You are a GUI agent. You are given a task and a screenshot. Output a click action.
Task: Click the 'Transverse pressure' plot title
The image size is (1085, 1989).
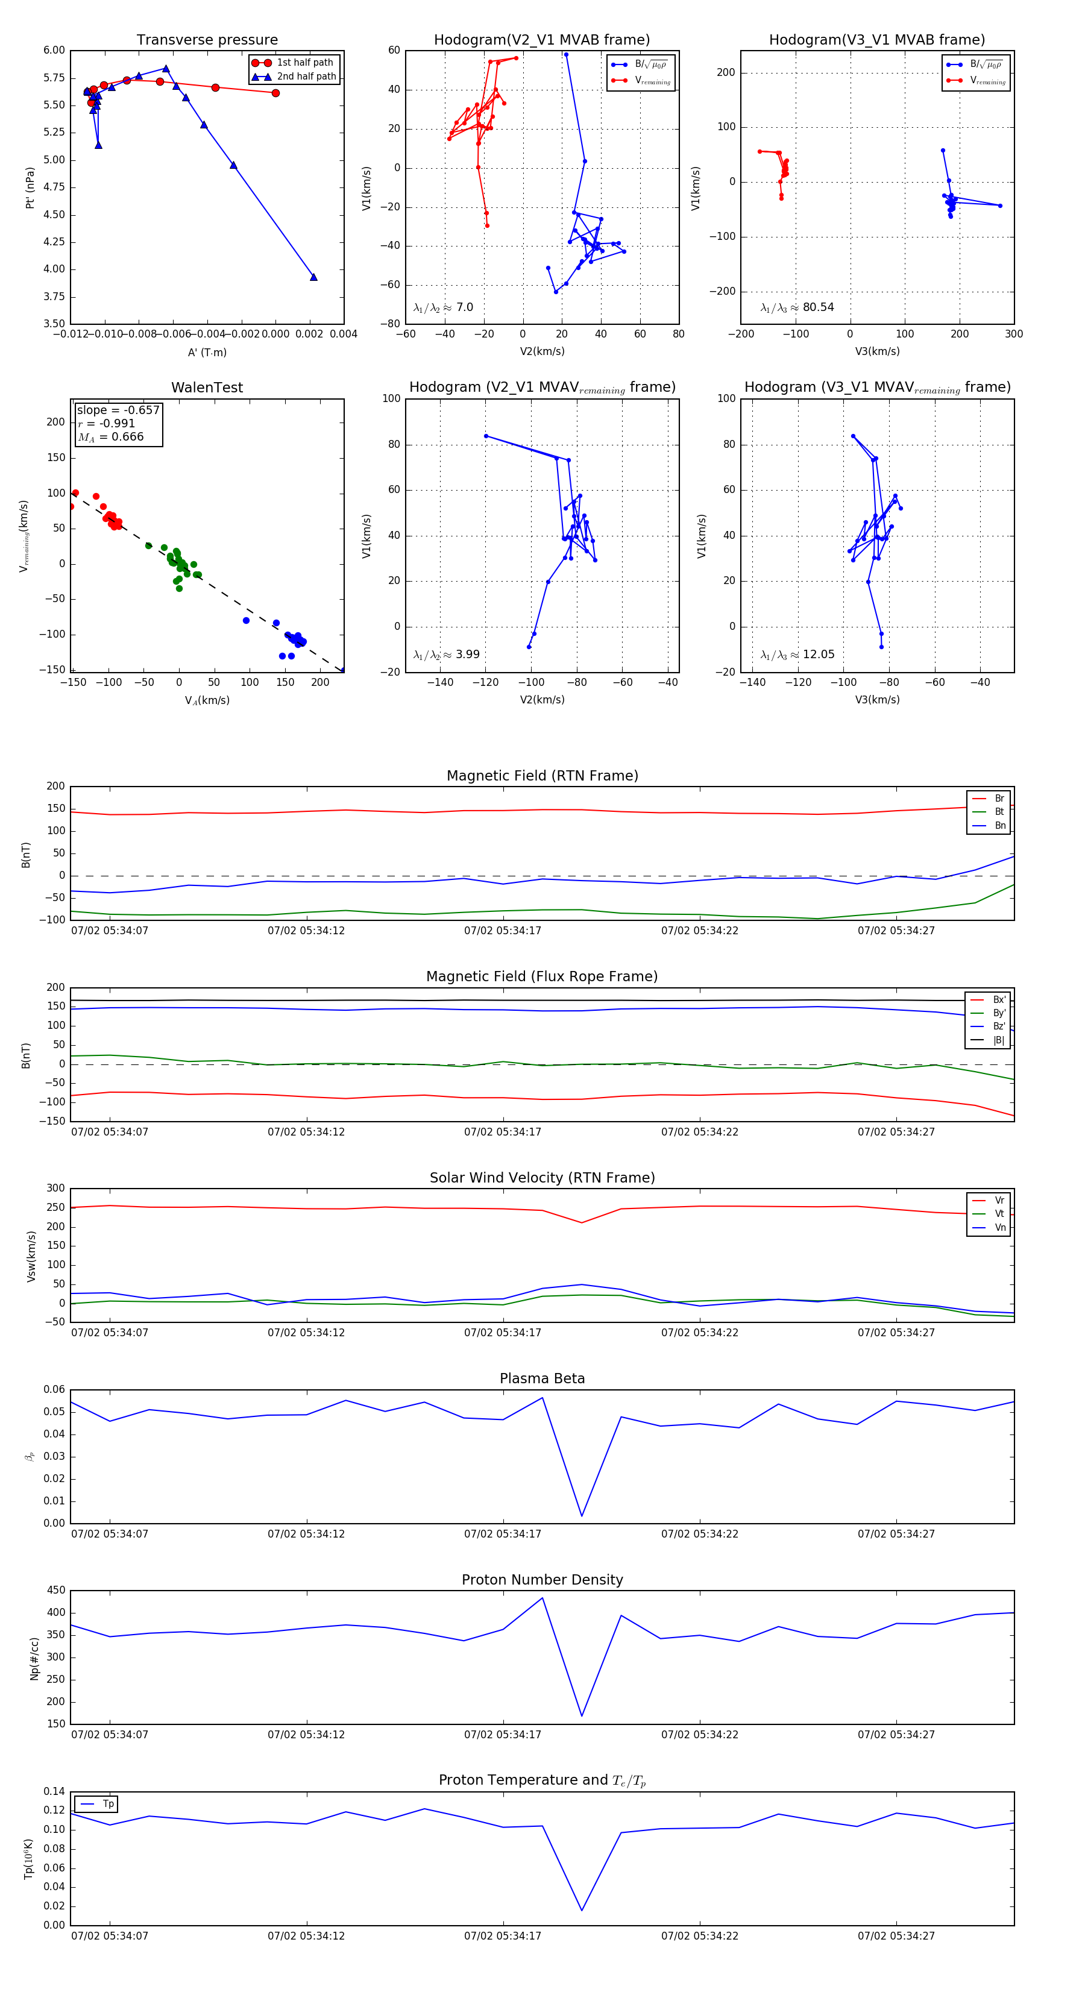coord(207,40)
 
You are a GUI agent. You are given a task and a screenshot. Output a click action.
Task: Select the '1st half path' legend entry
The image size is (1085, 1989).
coord(304,63)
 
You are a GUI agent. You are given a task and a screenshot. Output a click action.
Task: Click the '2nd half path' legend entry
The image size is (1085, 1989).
coord(306,77)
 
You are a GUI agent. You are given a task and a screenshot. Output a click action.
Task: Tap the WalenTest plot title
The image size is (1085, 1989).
coord(207,388)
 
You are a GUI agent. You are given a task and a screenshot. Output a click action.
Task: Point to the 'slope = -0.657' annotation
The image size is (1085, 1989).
coord(118,410)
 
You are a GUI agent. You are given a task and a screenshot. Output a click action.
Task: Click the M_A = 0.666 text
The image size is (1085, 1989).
coord(110,437)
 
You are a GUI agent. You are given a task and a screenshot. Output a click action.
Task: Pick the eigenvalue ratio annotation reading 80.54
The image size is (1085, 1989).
coord(797,307)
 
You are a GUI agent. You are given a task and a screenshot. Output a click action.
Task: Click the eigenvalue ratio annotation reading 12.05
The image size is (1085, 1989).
coord(797,655)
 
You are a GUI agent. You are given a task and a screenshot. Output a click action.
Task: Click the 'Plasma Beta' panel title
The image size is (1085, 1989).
coord(542,1379)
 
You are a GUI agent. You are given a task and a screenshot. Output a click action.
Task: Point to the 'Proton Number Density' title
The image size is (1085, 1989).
coord(542,1580)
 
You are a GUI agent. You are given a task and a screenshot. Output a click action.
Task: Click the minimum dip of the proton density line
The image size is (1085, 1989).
coord(582,1716)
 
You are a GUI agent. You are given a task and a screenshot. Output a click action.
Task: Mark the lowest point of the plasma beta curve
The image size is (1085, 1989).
coord(582,1515)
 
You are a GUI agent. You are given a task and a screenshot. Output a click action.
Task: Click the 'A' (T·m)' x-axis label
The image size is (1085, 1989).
coord(207,353)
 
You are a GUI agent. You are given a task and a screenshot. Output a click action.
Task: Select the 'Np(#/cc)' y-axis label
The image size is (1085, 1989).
coord(34,1658)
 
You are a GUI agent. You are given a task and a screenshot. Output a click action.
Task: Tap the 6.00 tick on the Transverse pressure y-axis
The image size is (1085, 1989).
coord(54,50)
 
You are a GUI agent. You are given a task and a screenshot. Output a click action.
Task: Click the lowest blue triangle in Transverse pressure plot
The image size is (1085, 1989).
coord(313,277)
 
